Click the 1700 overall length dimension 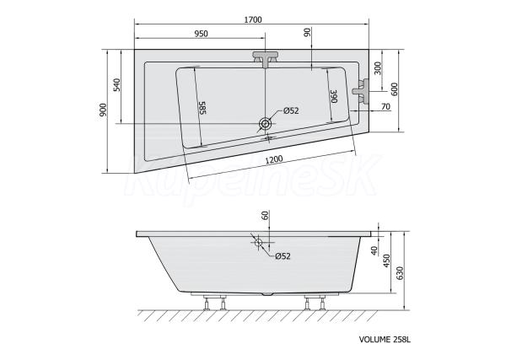tap(253, 19)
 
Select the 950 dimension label tap(202, 34)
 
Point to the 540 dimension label tap(117, 85)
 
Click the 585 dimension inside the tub tap(202, 108)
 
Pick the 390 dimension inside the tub tap(333, 96)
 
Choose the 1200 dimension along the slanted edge tap(273, 159)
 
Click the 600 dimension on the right tap(395, 89)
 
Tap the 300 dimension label tap(377, 68)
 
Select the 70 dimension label tap(385, 106)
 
